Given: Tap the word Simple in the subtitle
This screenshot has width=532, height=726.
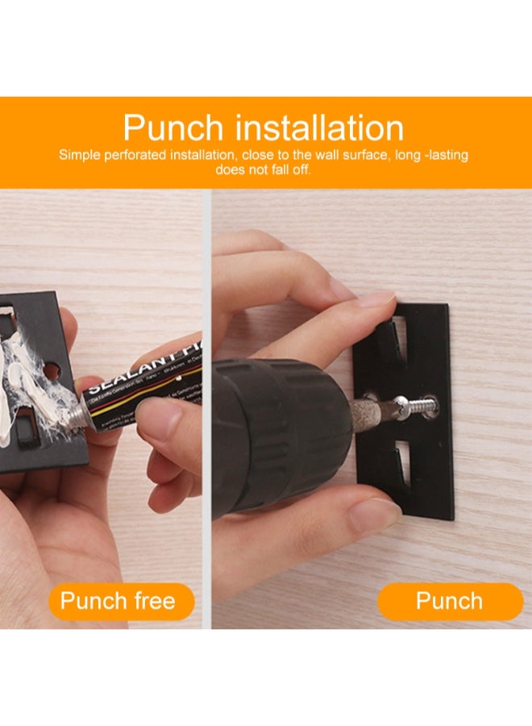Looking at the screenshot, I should click(x=80, y=155).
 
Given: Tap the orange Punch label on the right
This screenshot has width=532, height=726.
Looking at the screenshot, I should click(x=449, y=601).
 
